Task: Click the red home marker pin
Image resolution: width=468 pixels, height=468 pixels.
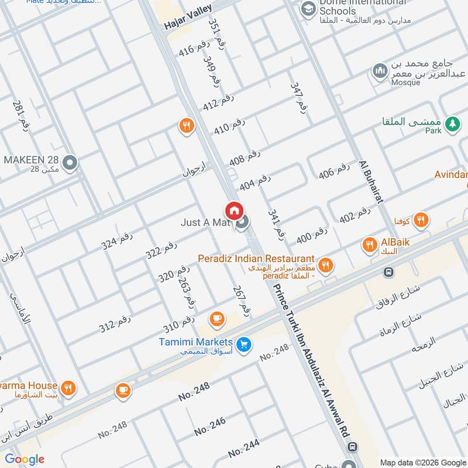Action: click(x=234, y=210)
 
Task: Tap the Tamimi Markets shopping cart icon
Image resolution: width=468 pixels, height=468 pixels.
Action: click(x=245, y=345)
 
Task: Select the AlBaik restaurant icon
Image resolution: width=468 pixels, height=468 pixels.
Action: click(x=369, y=245)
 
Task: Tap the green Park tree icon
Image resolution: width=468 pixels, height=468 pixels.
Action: click(x=451, y=123)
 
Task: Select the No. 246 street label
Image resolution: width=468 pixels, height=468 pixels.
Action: click(x=209, y=426)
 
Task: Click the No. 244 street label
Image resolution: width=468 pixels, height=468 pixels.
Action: click(x=244, y=449)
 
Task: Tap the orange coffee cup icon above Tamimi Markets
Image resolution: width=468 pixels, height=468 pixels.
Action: click(x=217, y=319)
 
